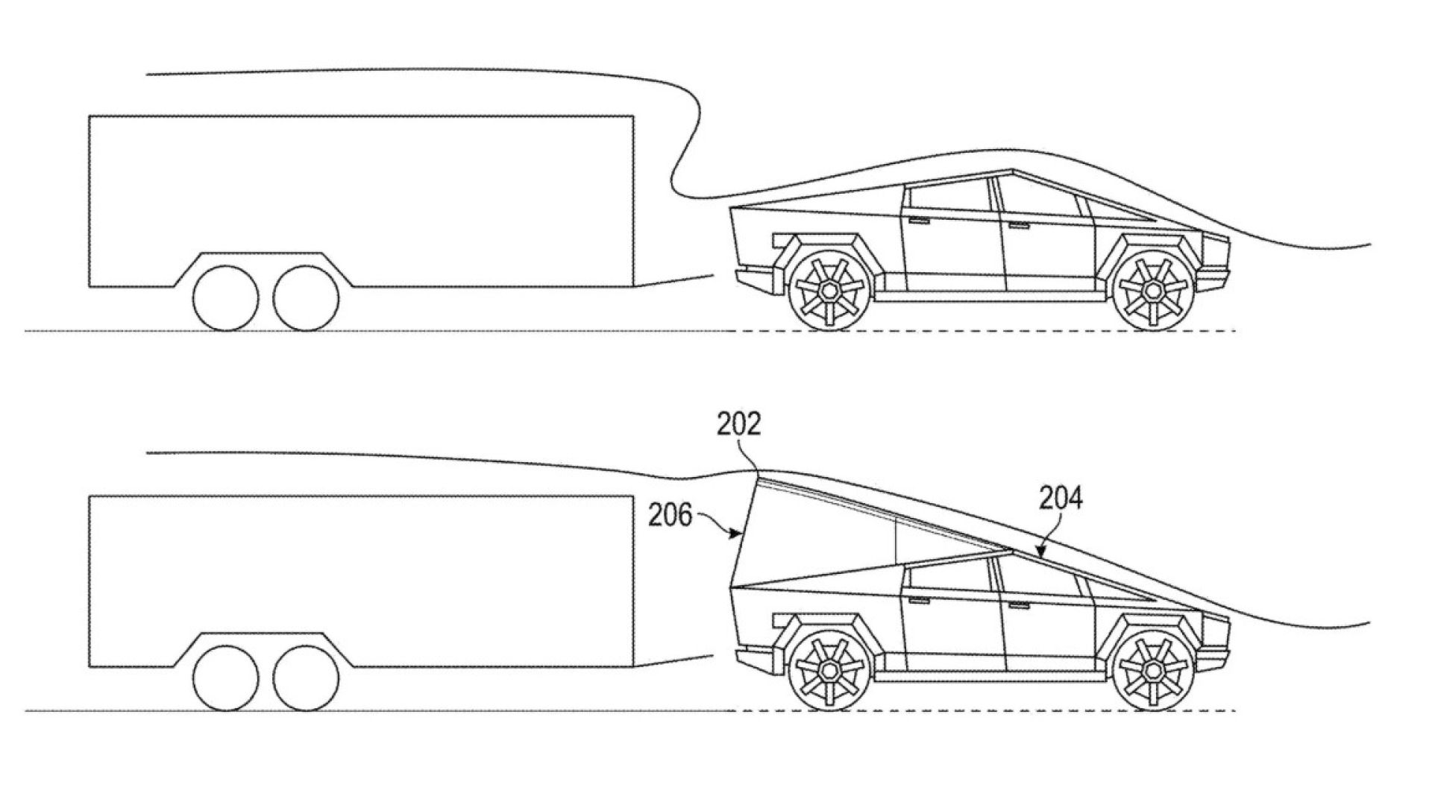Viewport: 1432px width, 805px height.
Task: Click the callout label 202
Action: (x=738, y=425)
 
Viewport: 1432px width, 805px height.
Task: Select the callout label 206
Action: (x=671, y=515)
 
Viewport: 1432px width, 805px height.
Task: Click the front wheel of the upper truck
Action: (x=1153, y=290)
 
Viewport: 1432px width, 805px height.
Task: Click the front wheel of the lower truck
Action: (x=1153, y=668)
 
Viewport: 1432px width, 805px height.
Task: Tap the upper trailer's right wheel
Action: (x=306, y=298)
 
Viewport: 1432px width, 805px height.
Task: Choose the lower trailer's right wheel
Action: (x=306, y=677)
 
